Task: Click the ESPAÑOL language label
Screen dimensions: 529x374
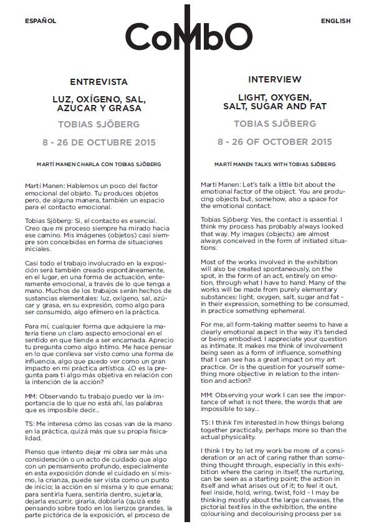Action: [41, 21]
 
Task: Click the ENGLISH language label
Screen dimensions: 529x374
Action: [335, 21]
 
